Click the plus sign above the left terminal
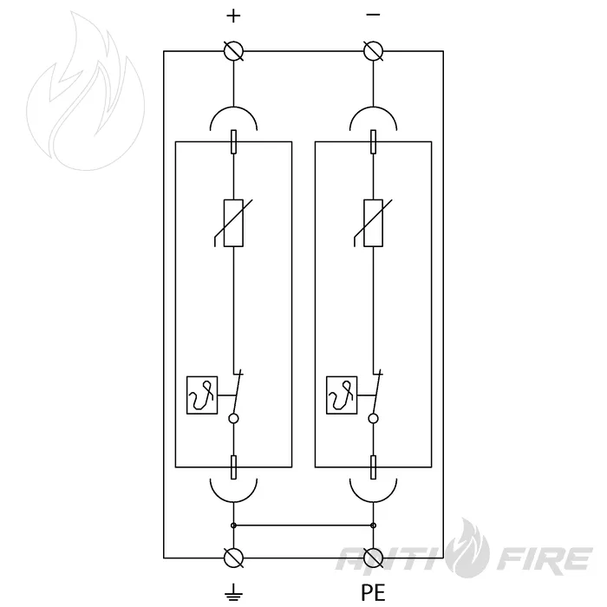pyautogui.click(x=233, y=16)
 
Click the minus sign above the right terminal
pyautogui.click(x=373, y=15)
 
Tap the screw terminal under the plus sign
pyautogui.click(x=234, y=51)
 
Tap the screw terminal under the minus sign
pyautogui.click(x=374, y=51)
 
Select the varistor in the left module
pyautogui.click(x=233, y=223)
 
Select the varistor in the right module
pyautogui.click(x=373, y=223)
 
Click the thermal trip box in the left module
pyautogui.click(x=202, y=395)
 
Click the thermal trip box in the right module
pyautogui.click(x=342, y=395)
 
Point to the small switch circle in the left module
pyautogui.click(x=233, y=419)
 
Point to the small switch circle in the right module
pyautogui.click(x=373, y=419)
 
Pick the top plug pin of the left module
pyautogui.click(x=233, y=141)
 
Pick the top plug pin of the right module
pyautogui.click(x=373, y=141)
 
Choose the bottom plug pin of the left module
pyautogui.click(x=233, y=467)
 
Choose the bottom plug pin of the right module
pyautogui.click(x=373, y=467)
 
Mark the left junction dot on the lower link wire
pyautogui.click(x=233, y=525)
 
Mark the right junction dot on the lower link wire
pyautogui.click(x=373, y=525)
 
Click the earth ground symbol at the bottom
pyautogui.click(x=233, y=592)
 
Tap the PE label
pyautogui.click(x=373, y=592)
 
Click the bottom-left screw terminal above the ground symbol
pyautogui.click(x=234, y=558)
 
